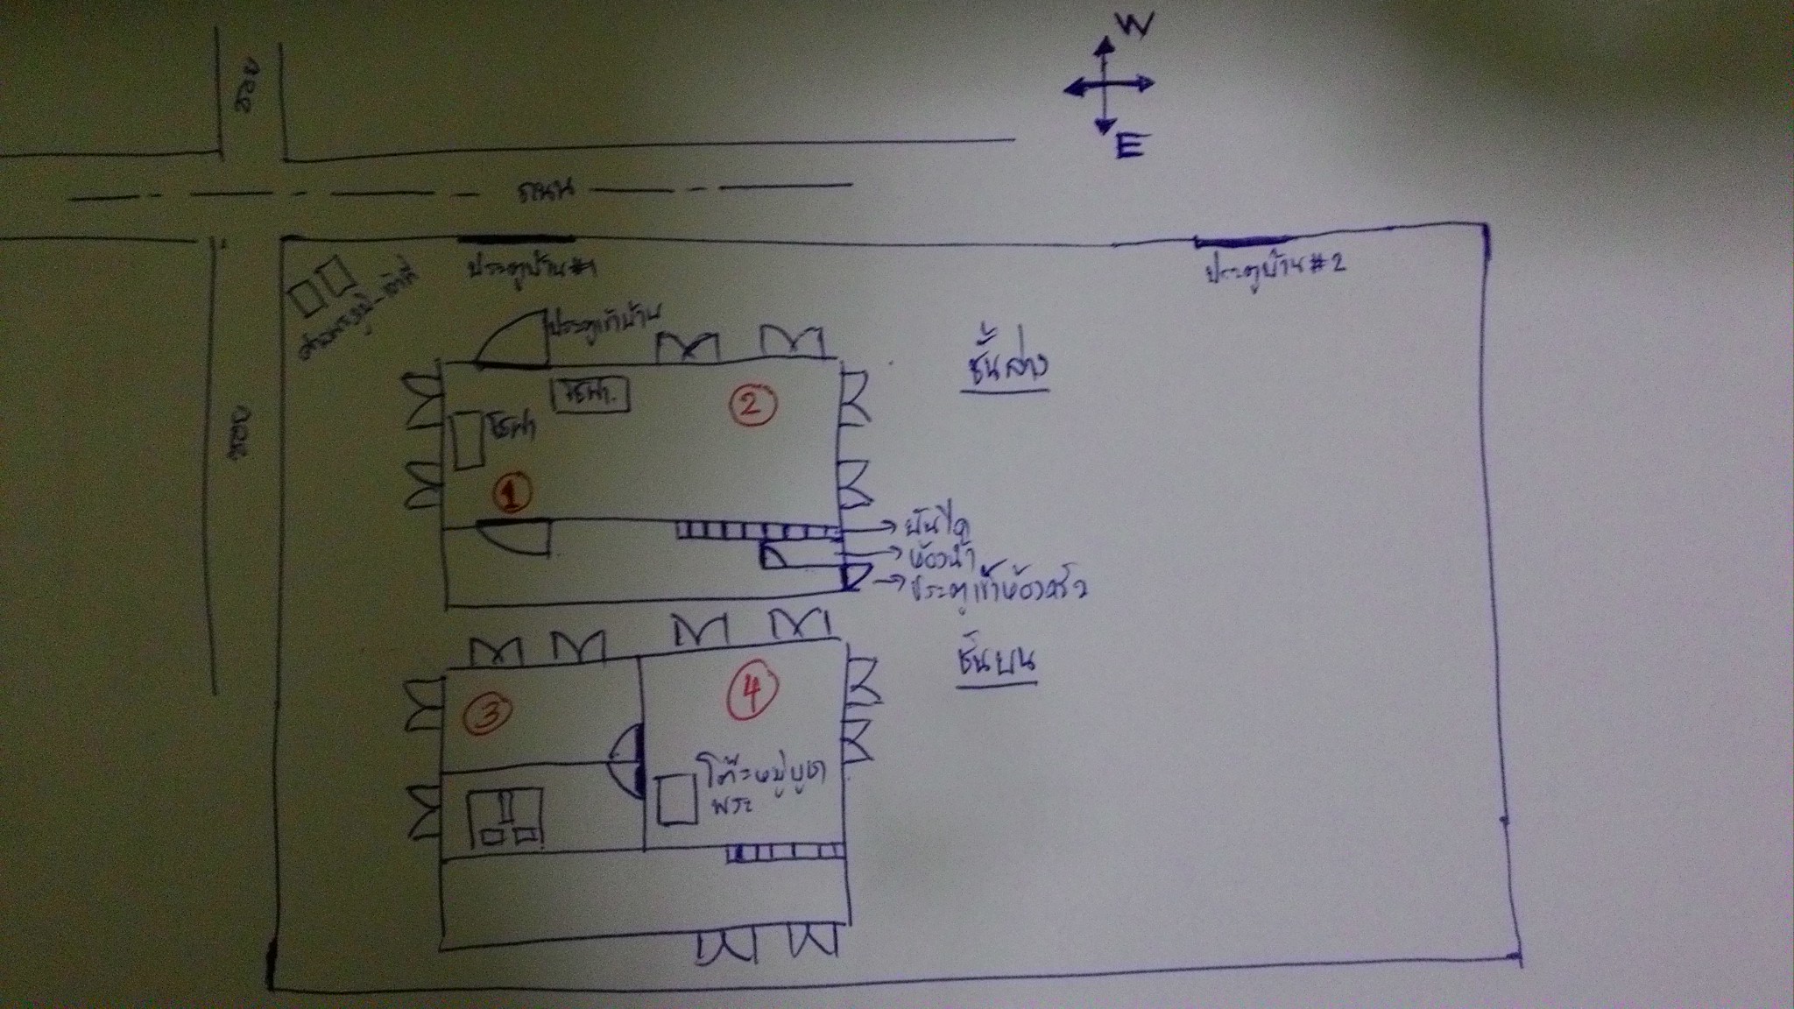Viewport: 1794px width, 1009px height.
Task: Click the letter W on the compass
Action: [1134, 26]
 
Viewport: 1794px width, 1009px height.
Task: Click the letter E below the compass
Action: [1129, 145]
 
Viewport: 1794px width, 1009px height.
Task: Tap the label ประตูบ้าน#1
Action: [530, 268]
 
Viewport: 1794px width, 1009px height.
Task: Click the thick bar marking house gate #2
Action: [1240, 242]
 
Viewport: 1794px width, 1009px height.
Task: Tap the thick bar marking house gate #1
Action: [517, 237]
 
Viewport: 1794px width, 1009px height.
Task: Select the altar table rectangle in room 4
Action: [677, 799]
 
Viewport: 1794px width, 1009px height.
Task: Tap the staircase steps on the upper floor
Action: [785, 850]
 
